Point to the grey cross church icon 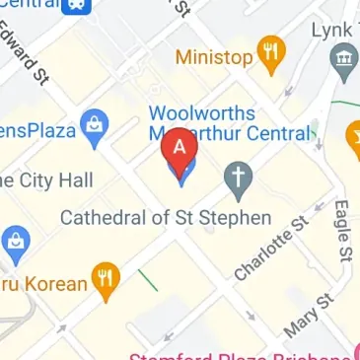pyautogui.click(x=237, y=178)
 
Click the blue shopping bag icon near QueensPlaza pyautogui.click(x=95, y=129)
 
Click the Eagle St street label pyautogui.click(x=342, y=232)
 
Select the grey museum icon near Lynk pyautogui.click(x=343, y=65)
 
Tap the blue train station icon pyautogui.click(x=75, y=6)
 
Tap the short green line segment pyautogui.click(x=148, y=280)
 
